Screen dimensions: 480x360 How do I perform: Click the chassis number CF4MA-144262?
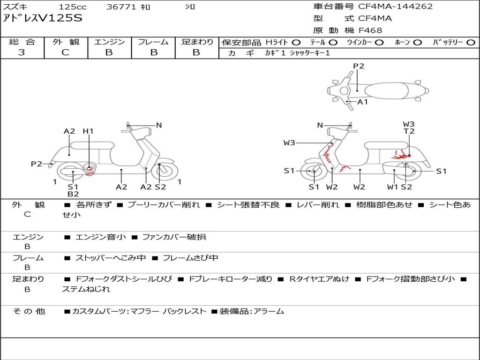pos(395,6)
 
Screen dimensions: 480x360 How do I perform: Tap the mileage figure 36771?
pos(121,7)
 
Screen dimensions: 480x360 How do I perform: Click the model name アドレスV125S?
pos(43,18)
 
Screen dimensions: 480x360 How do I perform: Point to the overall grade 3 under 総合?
pos(22,52)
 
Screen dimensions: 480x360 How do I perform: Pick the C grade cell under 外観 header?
pos(65,52)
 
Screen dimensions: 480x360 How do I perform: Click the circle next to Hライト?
pos(296,43)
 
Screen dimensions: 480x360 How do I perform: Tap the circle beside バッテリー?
pos(471,43)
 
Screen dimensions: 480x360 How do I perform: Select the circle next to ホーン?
pos(418,43)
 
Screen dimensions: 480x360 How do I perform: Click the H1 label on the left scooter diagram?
pos(88,131)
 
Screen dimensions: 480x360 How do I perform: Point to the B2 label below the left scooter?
pos(73,194)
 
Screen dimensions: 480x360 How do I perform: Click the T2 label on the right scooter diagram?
pos(409,131)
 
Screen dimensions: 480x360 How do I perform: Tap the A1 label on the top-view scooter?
pos(363,102)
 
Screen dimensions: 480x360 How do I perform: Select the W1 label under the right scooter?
pos(392,187)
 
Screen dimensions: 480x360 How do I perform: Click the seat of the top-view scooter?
pos(387,90)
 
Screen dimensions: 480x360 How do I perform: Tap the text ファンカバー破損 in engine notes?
pos(174,237)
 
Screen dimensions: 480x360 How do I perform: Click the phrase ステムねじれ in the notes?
pos(86,289)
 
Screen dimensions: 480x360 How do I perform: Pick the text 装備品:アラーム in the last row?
pos(252,311)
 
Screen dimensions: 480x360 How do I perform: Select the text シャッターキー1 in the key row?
pos(310,53)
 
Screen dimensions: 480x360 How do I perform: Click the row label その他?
pos(29,311)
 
